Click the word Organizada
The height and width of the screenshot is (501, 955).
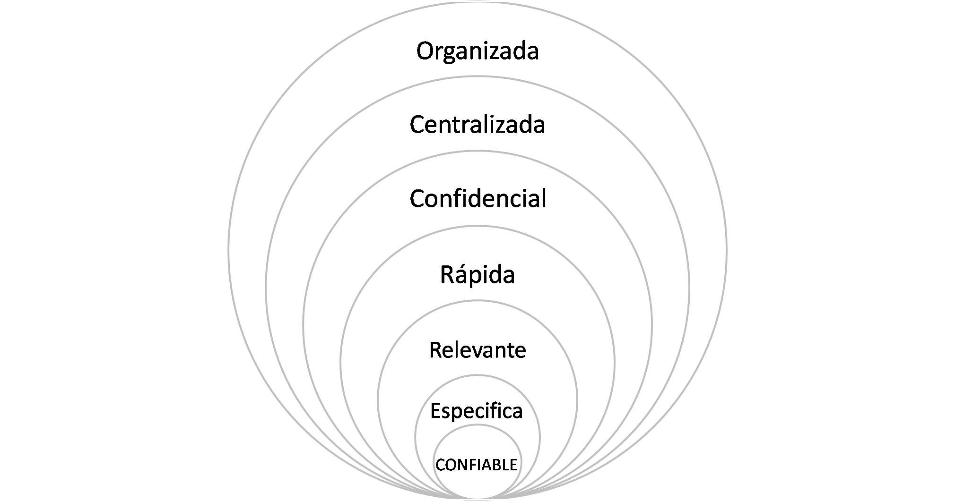click(x=477, y=51)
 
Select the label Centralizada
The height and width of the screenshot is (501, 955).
click(x=477, y=125)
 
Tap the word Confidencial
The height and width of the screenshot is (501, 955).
click(x=477, y=199)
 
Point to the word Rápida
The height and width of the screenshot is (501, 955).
click(x=477, y=274)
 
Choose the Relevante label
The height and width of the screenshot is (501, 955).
click(x=477, y=350)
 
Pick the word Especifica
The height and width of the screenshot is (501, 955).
click(x=477, y=411)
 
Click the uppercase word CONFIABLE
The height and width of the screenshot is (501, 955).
click(x=477, y=465)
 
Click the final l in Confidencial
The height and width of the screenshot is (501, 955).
click(x=543, y=198)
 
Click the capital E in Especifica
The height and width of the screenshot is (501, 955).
click(x=436, y=411)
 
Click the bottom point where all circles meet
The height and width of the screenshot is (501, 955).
click(x=477, y=499)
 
